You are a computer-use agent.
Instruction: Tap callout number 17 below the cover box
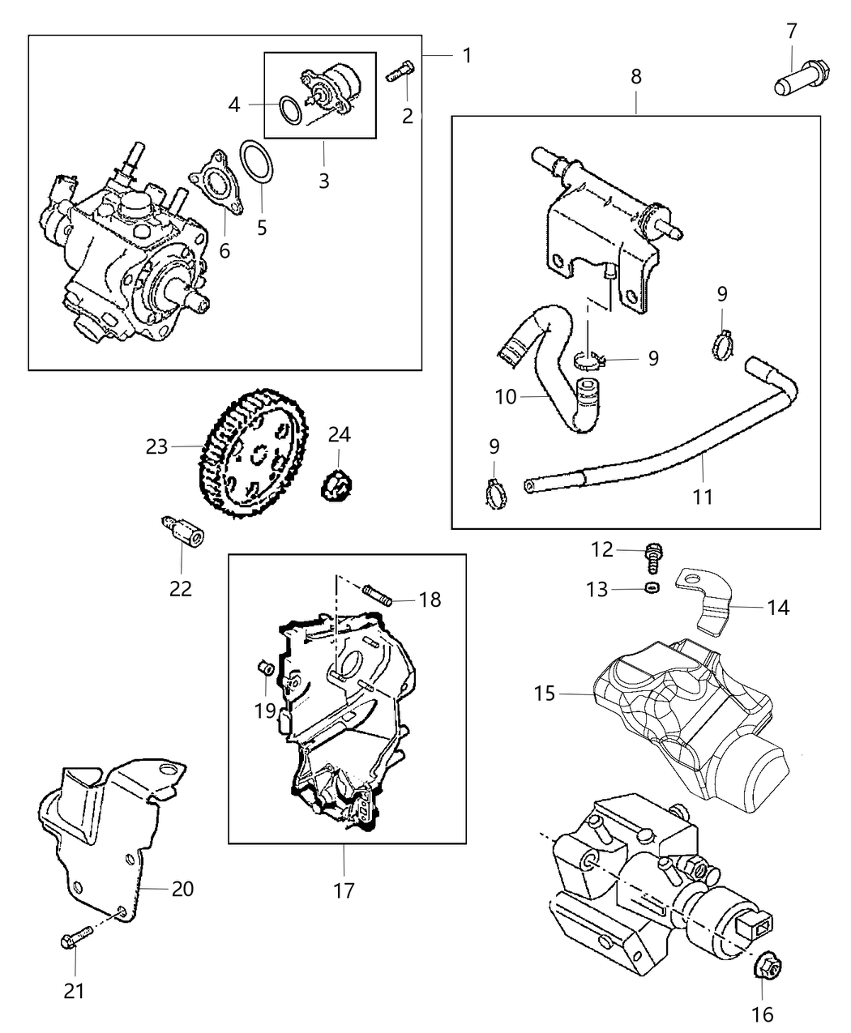pos(344,891)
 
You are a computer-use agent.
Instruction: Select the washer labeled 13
pos(650,587)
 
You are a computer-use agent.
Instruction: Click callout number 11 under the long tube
pos(703,496)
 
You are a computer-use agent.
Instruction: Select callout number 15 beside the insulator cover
pos(545,694)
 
